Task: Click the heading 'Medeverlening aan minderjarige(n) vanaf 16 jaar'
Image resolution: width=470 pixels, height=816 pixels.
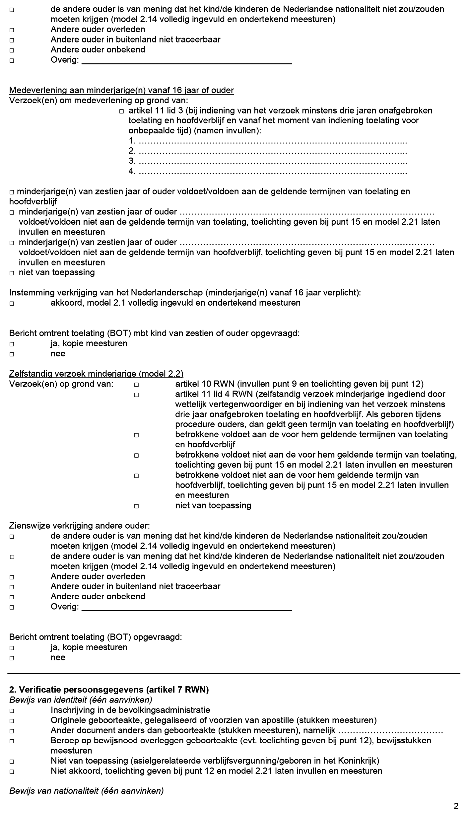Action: pos(121,90)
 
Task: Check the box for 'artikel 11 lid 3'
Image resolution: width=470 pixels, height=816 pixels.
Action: pos(121,111)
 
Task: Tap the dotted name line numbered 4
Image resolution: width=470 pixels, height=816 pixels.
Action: pos(272,172)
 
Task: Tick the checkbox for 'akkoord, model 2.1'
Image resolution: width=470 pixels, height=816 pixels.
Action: pos(12,303)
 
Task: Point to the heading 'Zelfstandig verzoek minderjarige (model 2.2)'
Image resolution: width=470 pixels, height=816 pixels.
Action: pos(96,374)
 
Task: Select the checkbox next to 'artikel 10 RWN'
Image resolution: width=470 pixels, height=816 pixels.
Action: pos(136,385)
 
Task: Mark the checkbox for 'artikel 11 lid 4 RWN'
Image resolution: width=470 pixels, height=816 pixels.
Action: pos(136,395)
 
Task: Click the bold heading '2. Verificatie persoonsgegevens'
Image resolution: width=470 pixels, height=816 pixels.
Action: pos(109,690)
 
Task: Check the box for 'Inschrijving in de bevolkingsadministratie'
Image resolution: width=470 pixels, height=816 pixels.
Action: pos(12,711)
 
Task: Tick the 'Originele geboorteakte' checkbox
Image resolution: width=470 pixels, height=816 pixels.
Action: pos(12,721)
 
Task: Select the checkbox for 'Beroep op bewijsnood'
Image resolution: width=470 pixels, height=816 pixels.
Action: pos(12,741)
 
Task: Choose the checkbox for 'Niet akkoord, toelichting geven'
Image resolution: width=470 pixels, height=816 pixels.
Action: pos(12,772)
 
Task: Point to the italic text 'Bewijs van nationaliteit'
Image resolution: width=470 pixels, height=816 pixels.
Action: pos(86,791)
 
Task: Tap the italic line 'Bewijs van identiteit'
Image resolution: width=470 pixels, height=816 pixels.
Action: pos(81,700)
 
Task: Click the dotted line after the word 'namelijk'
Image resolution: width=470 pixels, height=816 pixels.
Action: pos(390,731)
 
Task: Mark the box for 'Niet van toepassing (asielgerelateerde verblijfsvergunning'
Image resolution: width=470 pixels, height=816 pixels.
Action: pos(12,761)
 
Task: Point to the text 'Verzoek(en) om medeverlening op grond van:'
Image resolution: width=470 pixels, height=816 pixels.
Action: pos(99,100)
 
